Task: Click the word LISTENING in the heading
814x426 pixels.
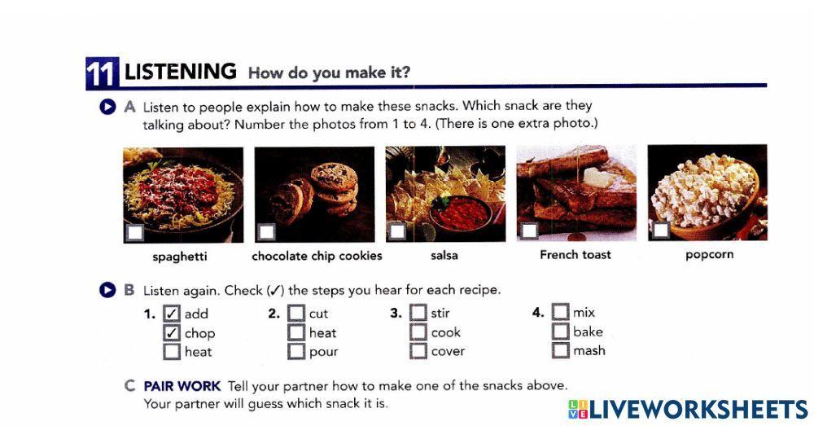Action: (180, 72)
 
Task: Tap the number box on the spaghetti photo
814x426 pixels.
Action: (135, 233)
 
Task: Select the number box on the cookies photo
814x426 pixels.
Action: (266, 232)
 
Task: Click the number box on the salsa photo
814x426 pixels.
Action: (397, 232)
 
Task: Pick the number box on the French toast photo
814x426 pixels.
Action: (528, 231)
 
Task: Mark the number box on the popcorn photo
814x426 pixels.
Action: (660, 231)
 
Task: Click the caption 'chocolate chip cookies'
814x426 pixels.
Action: (317, 256)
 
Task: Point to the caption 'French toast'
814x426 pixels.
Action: (575, 255)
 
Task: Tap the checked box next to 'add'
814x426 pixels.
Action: (172, 314)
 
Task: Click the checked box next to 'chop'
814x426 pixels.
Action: (172, 333)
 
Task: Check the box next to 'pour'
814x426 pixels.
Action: (296, 352)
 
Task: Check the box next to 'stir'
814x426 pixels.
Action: (418, 313)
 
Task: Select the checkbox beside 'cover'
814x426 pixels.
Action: (418, 352)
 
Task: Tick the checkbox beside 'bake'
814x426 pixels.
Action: (560, 332)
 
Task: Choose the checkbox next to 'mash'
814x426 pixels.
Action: (560, 351)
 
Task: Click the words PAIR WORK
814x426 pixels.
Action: (182, 385)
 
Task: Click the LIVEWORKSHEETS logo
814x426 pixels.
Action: (687, 408)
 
